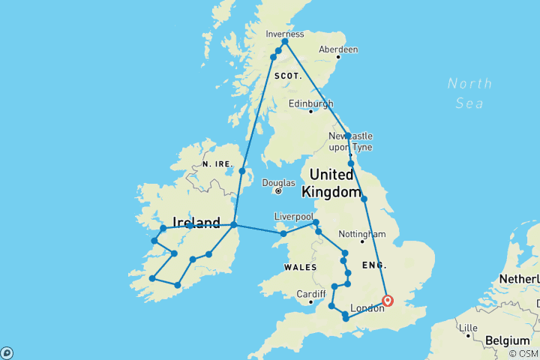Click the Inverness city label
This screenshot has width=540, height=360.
coord(285,34)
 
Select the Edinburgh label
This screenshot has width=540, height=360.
coord(310,103)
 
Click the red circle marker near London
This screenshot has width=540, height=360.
coord(388,301)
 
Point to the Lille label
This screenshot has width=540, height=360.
coord(469,327)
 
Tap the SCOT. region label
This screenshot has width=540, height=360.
coord(287,76)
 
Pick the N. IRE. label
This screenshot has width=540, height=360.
coord(216,163)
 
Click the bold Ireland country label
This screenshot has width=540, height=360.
coord(196,223)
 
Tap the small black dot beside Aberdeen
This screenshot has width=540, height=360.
coord(338,57)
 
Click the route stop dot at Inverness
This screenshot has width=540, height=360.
coord(285,42)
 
